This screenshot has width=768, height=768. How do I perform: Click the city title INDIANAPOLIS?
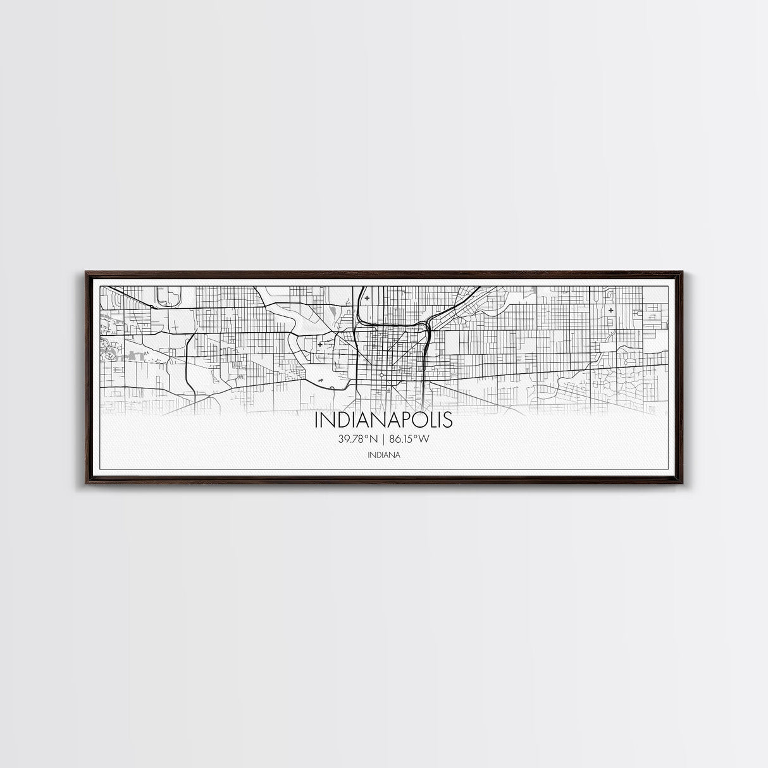coord(383,421)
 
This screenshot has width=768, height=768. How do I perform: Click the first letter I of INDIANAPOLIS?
coord(316,421)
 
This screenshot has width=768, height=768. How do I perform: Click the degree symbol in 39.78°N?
coord(369,437)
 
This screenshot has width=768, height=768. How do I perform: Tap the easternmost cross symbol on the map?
coord(610,311)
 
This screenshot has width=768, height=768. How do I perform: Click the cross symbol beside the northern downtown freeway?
coord(367,298)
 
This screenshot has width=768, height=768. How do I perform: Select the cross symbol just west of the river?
coord(320,344)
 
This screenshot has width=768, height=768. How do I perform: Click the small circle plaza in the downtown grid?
coord(382,375)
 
